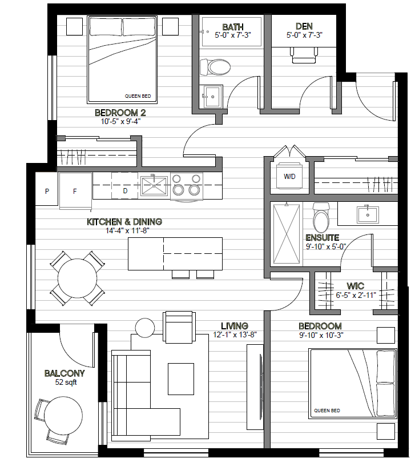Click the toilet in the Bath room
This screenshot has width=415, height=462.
[x=215, y=67]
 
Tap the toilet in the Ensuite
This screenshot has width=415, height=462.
[x=321, y=218]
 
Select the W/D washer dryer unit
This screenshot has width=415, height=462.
[x=290, y=176]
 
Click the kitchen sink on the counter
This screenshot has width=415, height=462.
[x=154, y=186]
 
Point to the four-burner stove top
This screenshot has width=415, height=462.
[x=187, y=185]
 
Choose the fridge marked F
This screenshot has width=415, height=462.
[x=75, y=191]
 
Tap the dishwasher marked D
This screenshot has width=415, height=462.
[x=124, y=185]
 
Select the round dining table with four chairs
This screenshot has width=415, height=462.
[x=78, y=278]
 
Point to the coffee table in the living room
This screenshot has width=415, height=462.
[x=181, y=379]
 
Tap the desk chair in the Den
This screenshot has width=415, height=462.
[x=304, y=55]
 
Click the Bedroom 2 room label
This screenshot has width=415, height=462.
[x=120, y=113]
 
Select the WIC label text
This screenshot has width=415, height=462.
[x=355, y=286]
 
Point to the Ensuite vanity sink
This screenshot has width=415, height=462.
[x=368, y=215]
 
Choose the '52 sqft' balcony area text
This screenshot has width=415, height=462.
[x=66, y=383]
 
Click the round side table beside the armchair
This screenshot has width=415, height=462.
[x=145, y=328]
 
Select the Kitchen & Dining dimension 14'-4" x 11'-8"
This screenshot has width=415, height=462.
[x=128, y=230]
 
